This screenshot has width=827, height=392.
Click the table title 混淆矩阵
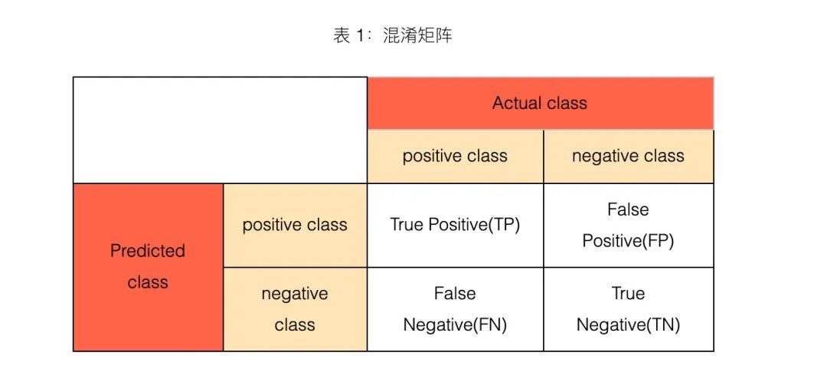click(417, 36)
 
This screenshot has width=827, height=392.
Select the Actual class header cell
click(540, 103)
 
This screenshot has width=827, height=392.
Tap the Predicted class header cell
click(149, 267)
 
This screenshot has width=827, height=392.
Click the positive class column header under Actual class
click(455, 156)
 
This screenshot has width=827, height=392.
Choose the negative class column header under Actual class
click(628, 156)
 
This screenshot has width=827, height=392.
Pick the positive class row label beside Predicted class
click(295, 225)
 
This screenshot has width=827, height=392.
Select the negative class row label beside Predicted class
click(295, 309)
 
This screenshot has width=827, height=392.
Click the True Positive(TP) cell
click(455, 225)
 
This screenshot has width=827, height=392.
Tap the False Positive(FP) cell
click(628, 225)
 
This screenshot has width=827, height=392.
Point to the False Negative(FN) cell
click(455, 309)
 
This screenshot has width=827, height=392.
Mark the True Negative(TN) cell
click(628, 309)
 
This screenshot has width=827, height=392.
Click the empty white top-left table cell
click(220, 130)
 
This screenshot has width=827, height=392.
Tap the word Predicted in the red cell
click(148, 250)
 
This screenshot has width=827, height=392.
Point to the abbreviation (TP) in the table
click(504, 226)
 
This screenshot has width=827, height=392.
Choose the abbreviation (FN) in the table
click(490, 325)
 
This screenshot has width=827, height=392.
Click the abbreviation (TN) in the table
click(663, 325)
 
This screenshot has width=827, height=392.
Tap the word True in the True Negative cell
click(628, 293)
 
